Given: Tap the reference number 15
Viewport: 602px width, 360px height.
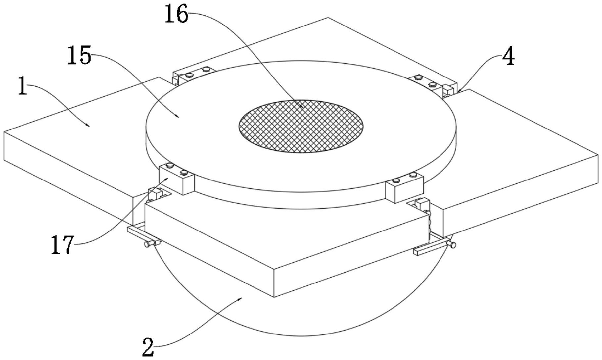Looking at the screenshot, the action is click(x=79, y=55).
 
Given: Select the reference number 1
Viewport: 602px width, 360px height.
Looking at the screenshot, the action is click(x=22, y=85).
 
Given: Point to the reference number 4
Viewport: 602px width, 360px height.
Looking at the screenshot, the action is click(x=508, y=57).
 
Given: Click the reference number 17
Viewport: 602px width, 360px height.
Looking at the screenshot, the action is click(x=63, y=245).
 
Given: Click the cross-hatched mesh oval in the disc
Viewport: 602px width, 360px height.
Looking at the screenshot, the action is click(x=301, y=126).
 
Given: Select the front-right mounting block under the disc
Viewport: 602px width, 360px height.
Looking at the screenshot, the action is click(x=404, y=188).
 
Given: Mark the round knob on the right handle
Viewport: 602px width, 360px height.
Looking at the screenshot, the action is click(x=452, y=245).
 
